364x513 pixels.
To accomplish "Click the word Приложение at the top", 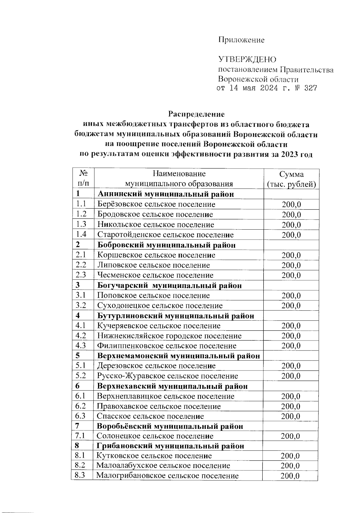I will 241,40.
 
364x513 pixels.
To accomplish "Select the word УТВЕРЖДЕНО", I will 247,59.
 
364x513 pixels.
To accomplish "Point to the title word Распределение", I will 197,114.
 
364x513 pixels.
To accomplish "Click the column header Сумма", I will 291,174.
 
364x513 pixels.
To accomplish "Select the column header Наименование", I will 179,174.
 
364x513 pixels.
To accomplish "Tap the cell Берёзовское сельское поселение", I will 156,204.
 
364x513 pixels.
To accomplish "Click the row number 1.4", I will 81,234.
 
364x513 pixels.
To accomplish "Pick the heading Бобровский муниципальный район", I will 167,245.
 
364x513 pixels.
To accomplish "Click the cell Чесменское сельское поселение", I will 155,275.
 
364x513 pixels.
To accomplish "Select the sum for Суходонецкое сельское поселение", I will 291,306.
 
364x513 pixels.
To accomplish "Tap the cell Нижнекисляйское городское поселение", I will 169,336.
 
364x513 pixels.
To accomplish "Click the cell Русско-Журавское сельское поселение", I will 167,376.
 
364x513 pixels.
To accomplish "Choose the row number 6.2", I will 81,406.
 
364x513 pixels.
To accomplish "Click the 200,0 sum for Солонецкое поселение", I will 290,436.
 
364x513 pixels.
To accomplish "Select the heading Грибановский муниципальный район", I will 170,446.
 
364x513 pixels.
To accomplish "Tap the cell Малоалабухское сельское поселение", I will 163,466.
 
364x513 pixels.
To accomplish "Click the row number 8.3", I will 80,475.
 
